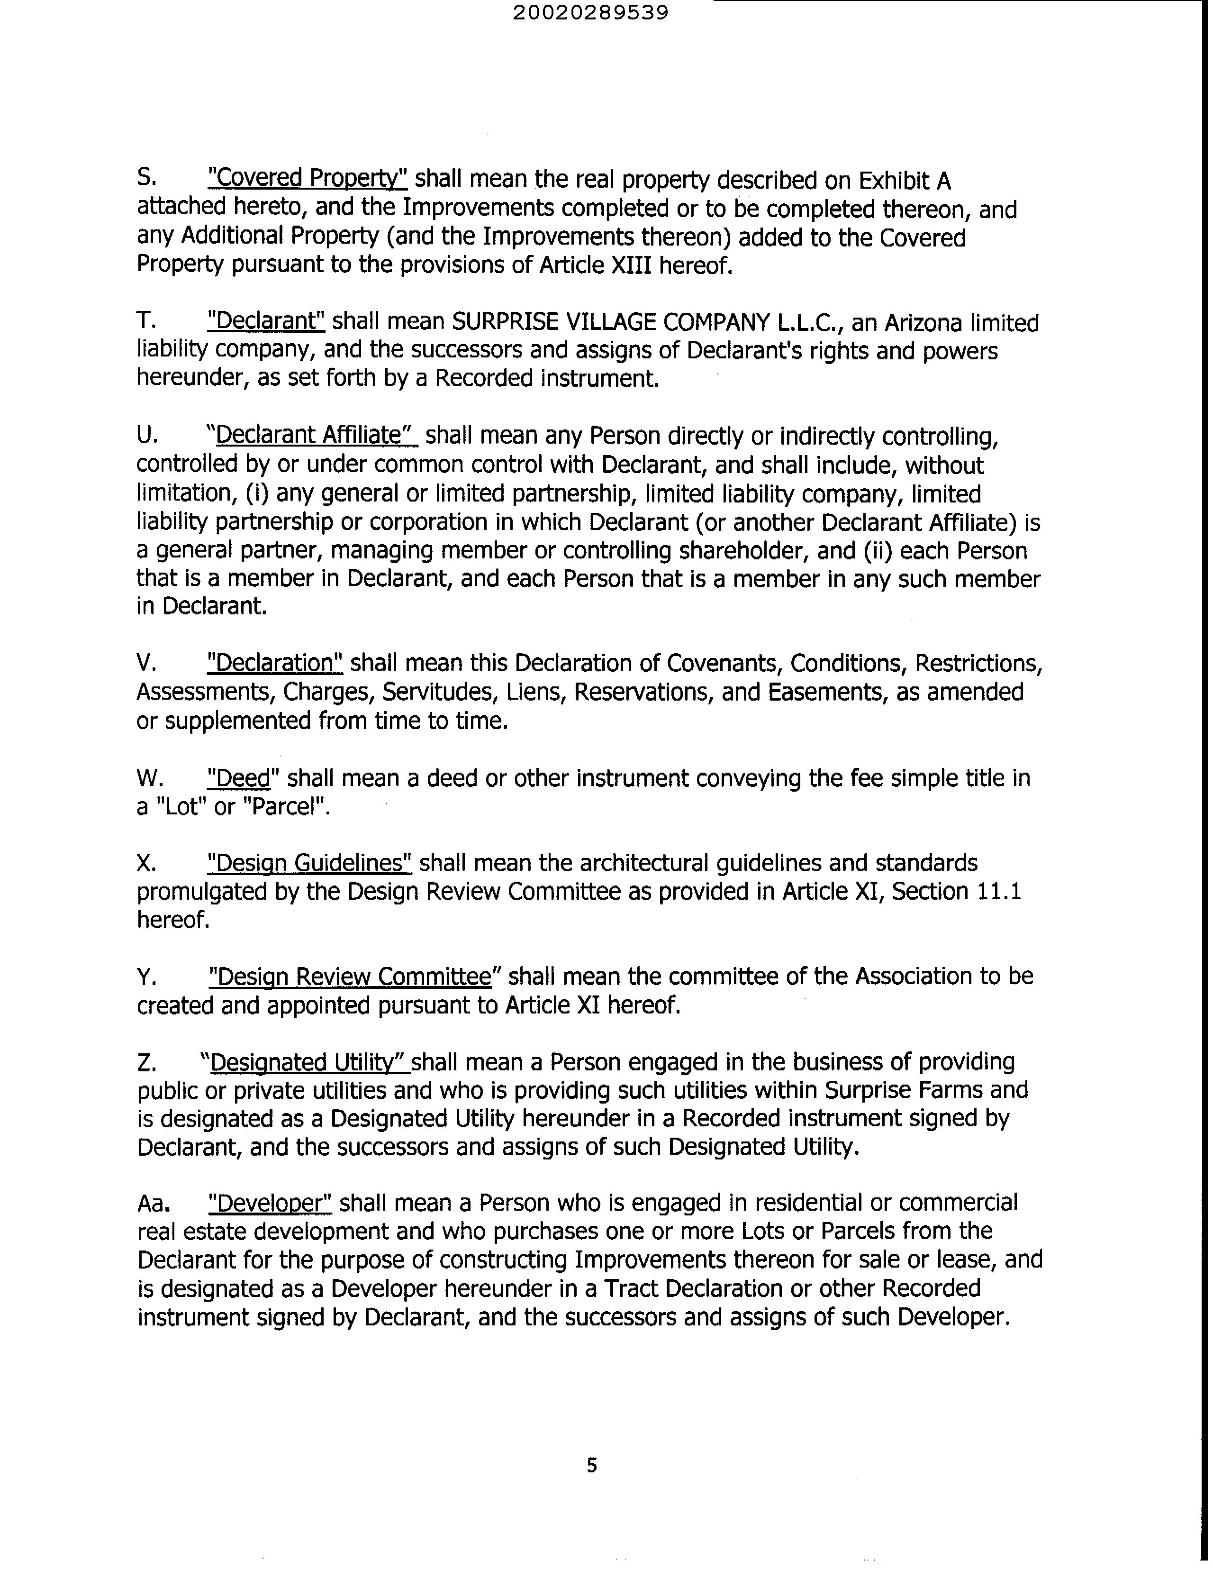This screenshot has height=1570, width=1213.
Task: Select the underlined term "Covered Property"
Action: click(x=308, y=178)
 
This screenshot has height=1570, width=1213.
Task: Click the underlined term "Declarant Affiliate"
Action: click(x=313, y=435)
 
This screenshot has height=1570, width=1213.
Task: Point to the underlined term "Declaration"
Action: click(x=274, y=662)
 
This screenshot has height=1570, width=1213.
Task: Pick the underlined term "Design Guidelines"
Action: click(x=309, y=863)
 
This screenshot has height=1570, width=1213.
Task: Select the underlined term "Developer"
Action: click(x=270, y=1203)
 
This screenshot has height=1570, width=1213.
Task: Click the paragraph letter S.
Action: click(x=145, y=178)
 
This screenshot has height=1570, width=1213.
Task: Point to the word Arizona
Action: click(x=923, y=323)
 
